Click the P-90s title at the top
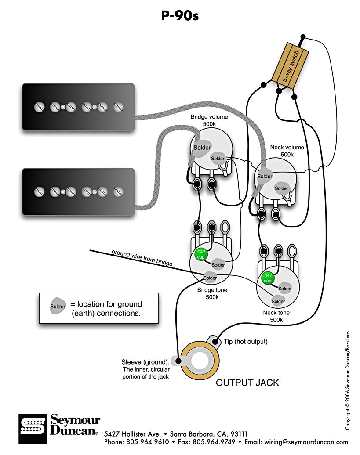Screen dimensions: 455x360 pos(180,16)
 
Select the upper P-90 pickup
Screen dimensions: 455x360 pos(78,107)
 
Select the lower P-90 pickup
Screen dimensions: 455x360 pos(78,191)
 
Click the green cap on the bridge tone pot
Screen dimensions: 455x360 pos(200,254)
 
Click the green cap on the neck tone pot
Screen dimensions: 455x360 pos(267,278)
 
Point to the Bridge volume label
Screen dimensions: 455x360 pos(209,120)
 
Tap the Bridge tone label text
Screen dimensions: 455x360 pos(212,293)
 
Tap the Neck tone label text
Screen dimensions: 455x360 pos(276,316)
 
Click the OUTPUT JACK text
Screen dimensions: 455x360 pos(247,383)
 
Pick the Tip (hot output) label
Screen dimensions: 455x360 pos(245,341)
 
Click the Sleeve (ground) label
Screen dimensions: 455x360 pos(145,369)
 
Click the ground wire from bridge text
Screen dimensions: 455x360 pos(142,258)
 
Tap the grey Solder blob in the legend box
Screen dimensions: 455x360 pos(58,307)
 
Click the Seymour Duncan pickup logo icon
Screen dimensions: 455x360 pos(33,428)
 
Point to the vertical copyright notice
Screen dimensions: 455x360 pos(348,380)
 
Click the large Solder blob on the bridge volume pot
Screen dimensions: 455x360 pos(202,147)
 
